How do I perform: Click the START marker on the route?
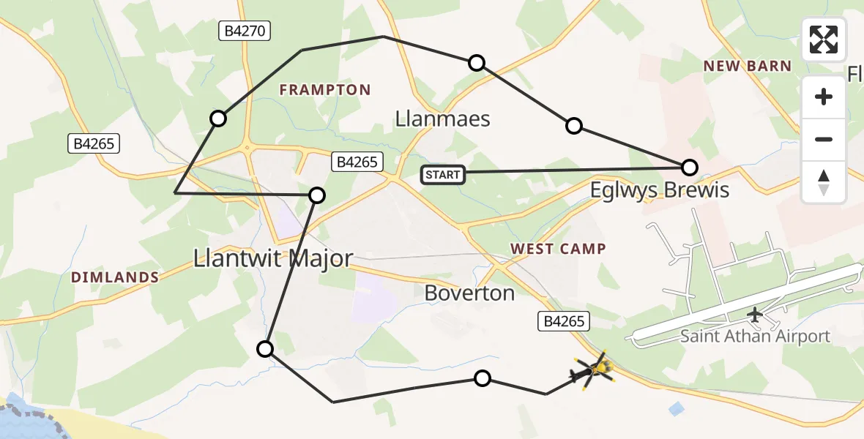pyautogui.click(x=443, y=174)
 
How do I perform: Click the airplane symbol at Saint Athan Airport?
pyautogui.click(x=754, y=315)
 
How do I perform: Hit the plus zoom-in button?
pyautogui.click(x=824, y=97)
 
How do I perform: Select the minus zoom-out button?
pyautogui.click(x=824, y=139)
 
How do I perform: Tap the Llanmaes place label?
pyautogui.click(x=442, y=119)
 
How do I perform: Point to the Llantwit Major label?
pyautogui.click(x=273, y=258)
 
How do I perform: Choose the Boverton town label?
pyautogui.click(x=469, y=293)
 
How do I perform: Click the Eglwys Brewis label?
pyautogui.click(x=660, y=191)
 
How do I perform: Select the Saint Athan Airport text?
pyautogui.click(x=755, y=337)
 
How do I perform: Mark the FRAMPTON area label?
pyautogui.click(x=325, y=90)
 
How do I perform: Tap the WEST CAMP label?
pyautogui.click(x=558, y=249)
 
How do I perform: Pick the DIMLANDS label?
pyautogui.click(x=115, y=277)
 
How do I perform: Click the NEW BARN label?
pyautogui.click(x=748, y=67)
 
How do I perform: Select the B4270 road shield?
pyautogui.click(x=245, y=31)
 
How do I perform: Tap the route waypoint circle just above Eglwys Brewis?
pyautogui.click(x=689, y=168)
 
